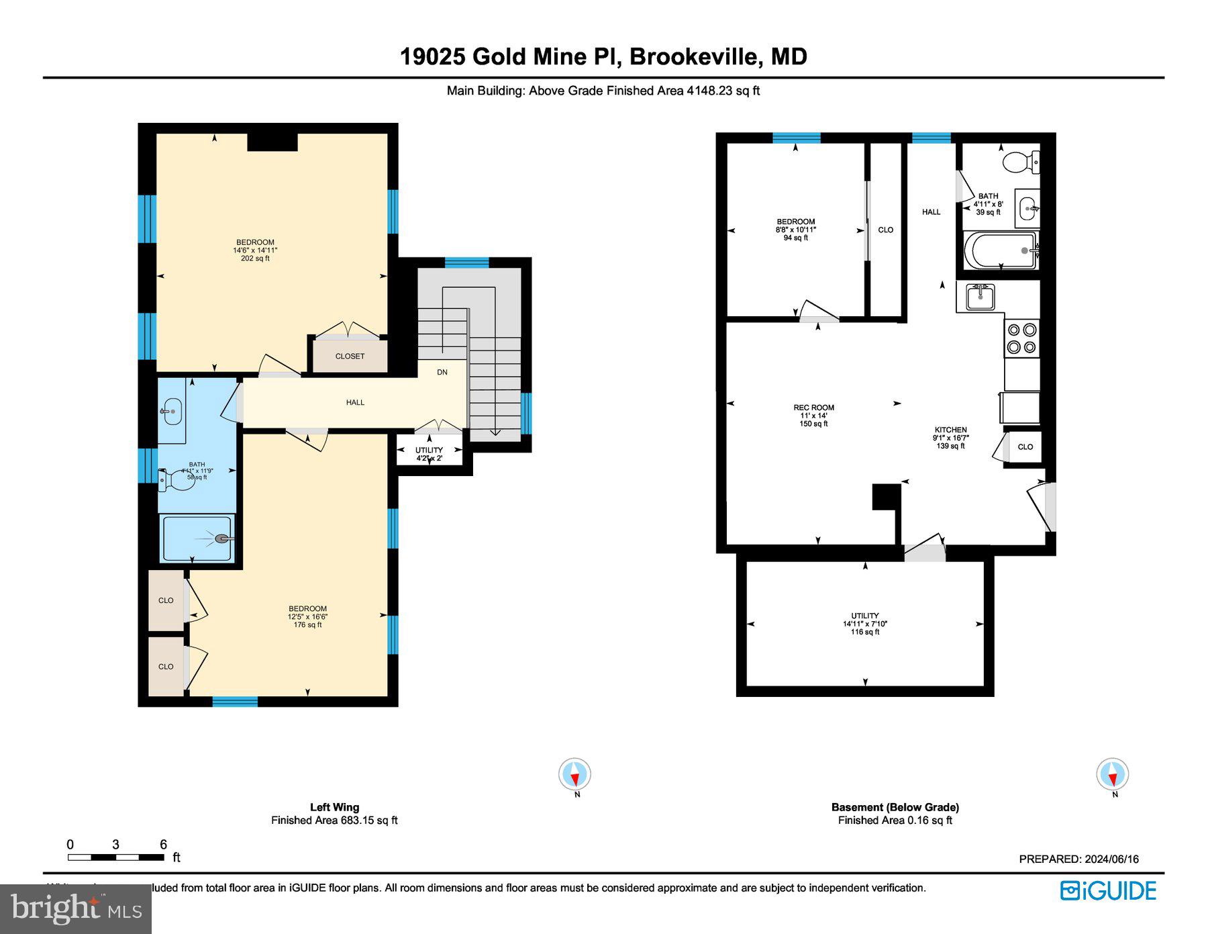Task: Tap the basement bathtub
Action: coord(1000,250)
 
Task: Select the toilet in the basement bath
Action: coord(1020,161)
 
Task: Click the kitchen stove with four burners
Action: coord(1021,338)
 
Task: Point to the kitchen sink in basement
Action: coord(980,296)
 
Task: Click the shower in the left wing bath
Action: coord(197,538)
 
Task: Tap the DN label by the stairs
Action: coord(442,372)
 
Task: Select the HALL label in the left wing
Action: coord(355,402)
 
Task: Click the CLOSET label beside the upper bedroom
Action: coord(350,357)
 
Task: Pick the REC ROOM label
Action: coord(813,408)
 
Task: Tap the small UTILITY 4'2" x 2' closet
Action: coord(429,454)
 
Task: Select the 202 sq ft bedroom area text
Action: coord(255,259)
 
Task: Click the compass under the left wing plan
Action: coord(575,775)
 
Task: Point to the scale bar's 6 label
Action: coord(163,845)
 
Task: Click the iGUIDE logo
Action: coord(1108,890)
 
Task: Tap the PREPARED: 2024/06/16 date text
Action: coord(1078,859)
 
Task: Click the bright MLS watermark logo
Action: coord(76,908)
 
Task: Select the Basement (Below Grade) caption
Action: coord(895,807)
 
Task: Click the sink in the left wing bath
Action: coord(172,411)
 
